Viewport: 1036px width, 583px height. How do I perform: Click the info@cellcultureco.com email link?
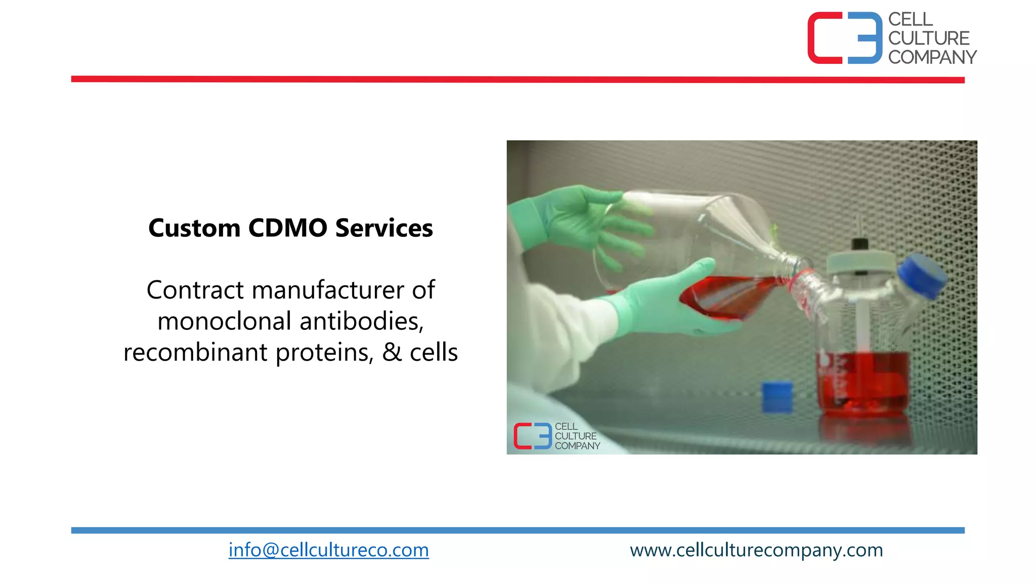click(x=328, y=550)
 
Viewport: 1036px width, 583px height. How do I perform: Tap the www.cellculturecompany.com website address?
click(x=756, y=550)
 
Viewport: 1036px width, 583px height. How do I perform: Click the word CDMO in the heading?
click(x=288, y=228)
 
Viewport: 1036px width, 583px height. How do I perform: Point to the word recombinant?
click(x=195, y=352)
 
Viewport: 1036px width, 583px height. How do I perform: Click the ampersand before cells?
click(x=392, y=352)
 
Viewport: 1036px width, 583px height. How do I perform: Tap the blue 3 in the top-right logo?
click(x=866, y=38)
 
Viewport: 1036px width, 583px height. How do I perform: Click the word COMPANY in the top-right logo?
click(x=932, y=57)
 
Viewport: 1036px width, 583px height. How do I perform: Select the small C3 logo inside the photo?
click(x=532, y=436)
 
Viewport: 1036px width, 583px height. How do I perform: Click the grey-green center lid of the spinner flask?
click(x=860, y=263)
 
